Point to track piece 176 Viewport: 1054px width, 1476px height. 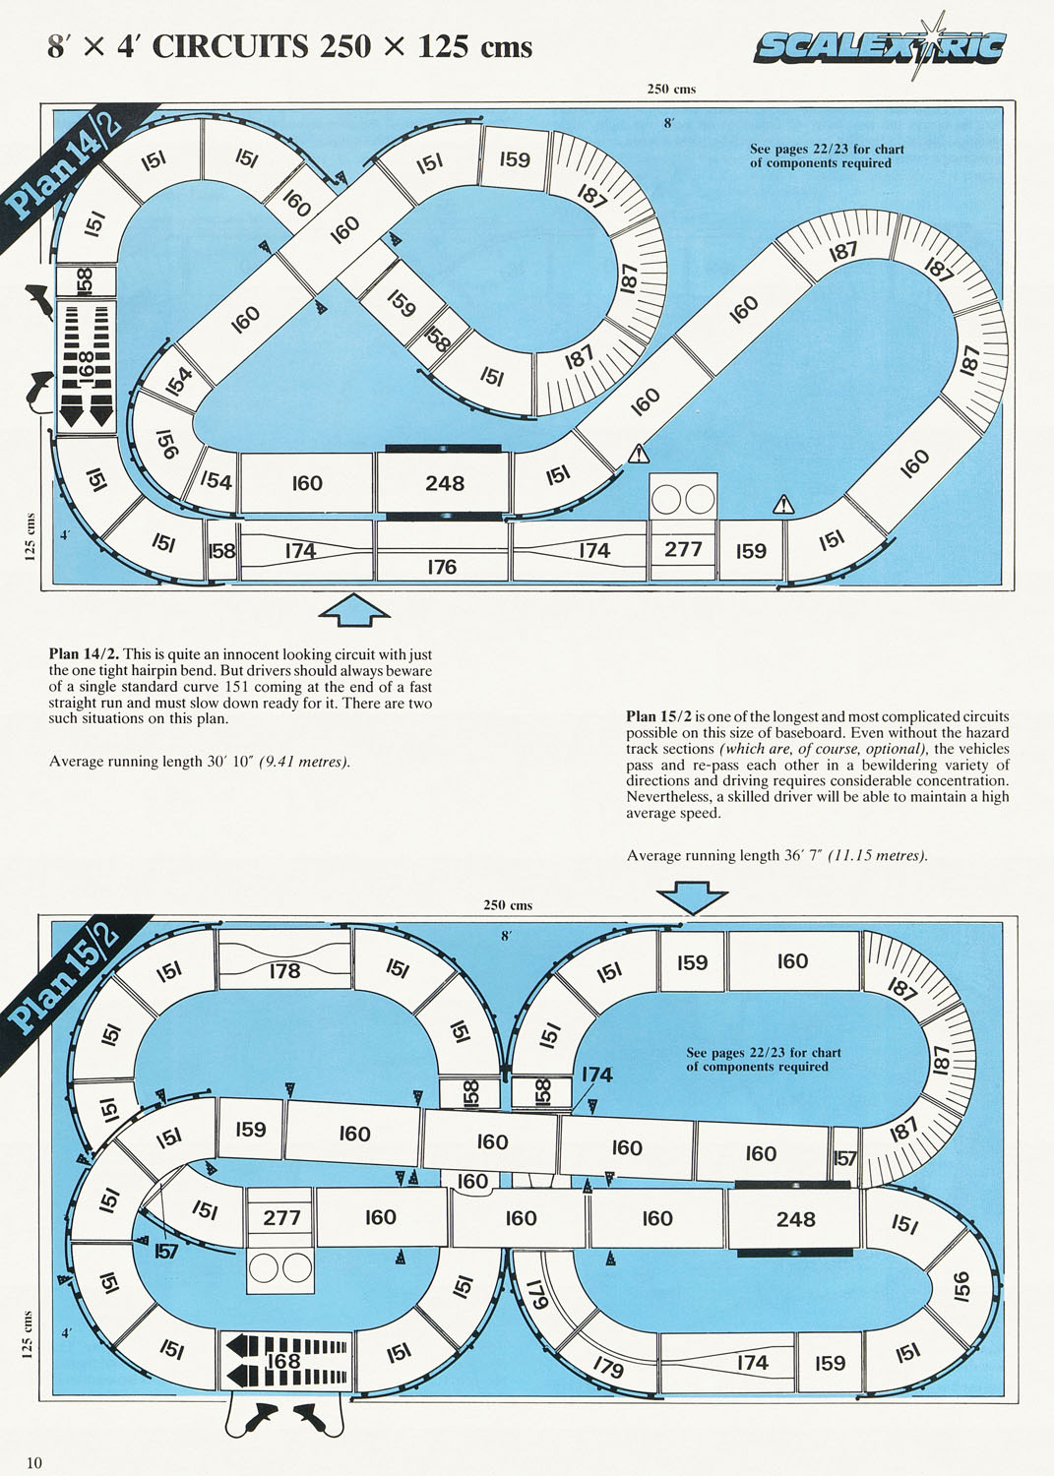coord(442,551)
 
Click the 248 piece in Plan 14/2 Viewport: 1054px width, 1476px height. coord(444,483)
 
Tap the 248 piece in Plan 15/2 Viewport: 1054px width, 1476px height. coord(795,1219)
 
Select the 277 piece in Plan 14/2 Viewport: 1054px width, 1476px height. coord(683,527)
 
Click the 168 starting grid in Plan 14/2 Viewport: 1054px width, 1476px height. coord(86,366)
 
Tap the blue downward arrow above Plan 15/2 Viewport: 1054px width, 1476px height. coord(692,898)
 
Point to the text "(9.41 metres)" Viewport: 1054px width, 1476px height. coord(304,762)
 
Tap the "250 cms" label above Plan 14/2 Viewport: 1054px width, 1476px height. coord(671,89)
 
